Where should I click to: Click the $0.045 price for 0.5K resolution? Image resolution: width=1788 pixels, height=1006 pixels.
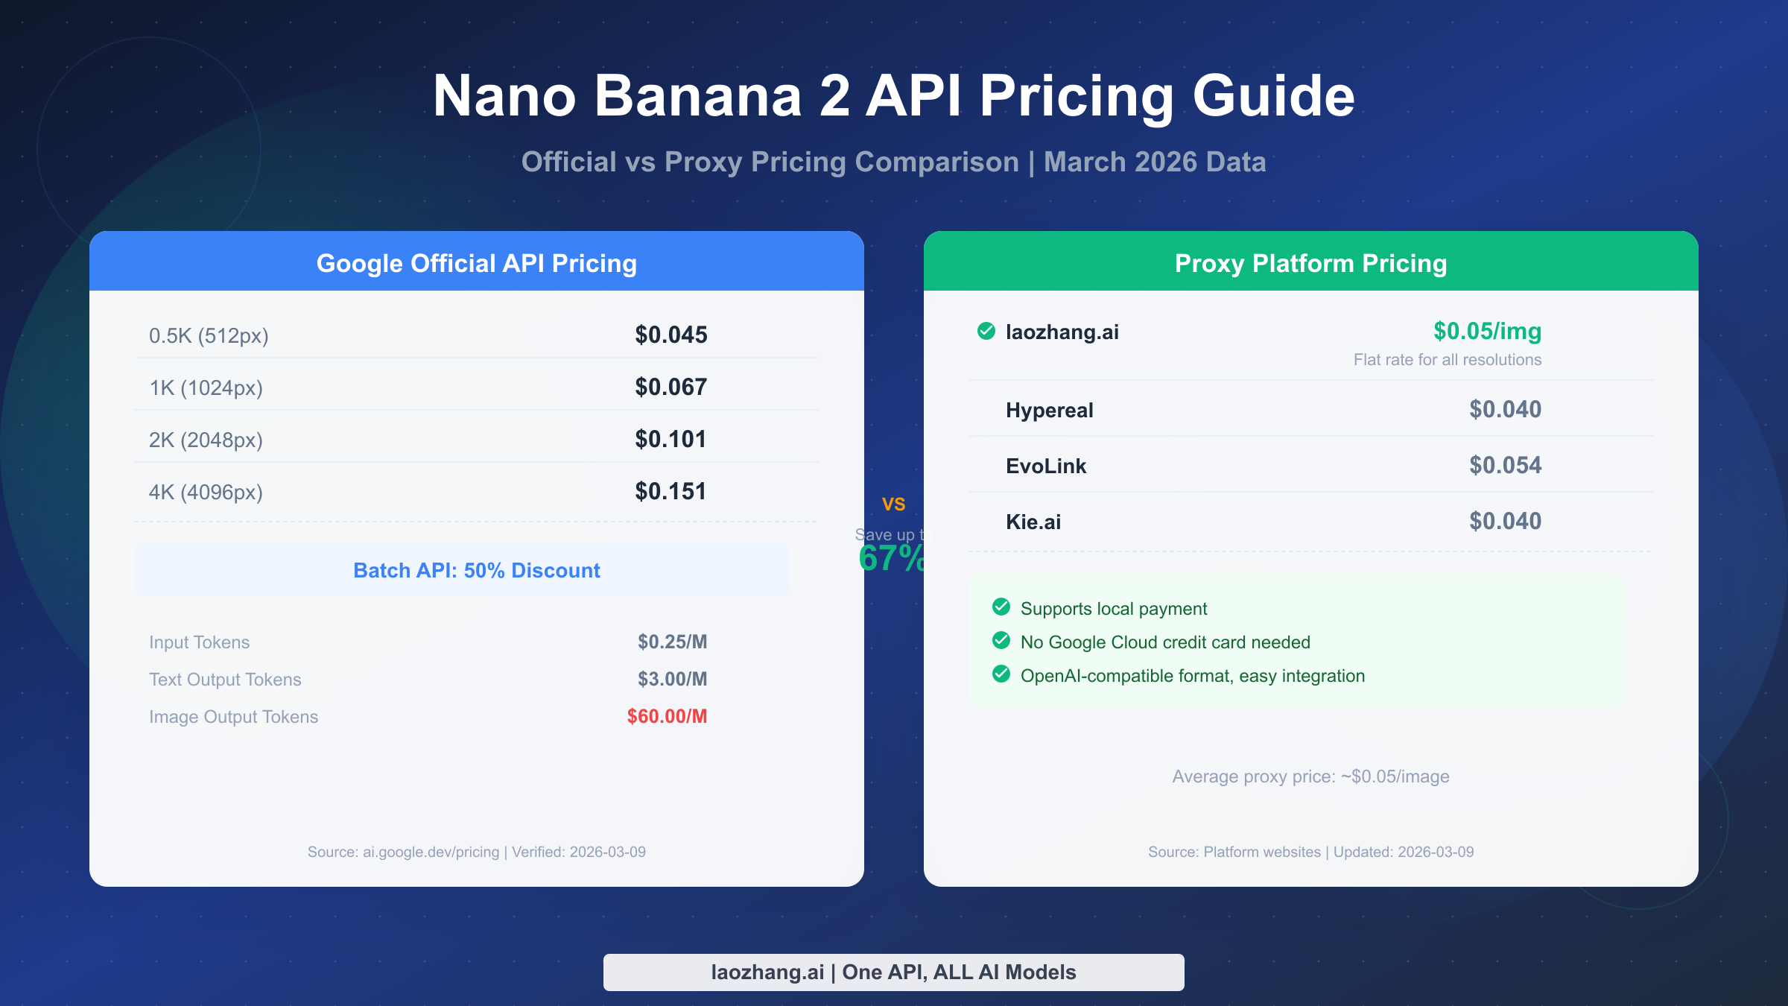click(x=670, y=335)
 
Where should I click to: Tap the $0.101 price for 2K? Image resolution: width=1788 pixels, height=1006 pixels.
click(x=670, y=440)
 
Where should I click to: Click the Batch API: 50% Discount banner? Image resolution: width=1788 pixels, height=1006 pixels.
click(x=477, y=570)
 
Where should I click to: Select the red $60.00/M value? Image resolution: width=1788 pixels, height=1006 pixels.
click(x=667, y=716)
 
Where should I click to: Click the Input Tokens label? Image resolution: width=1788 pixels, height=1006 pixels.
click(x=199, y=642)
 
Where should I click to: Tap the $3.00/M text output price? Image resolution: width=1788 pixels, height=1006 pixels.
click(x=672, y=679)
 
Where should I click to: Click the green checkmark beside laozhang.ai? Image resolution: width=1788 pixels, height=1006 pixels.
click(x=986, y=331)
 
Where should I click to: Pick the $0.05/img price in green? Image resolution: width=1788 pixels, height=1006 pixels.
click(x=1487, y=331)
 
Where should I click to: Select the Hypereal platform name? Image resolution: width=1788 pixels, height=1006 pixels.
click(x=1049, y=411)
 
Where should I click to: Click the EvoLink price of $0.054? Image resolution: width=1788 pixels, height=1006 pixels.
click(x=1505, y=466)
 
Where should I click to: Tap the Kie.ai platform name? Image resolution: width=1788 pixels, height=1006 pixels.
click(x=1033, y=522)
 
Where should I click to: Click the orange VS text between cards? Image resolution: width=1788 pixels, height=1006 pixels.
click(x=893, y=504)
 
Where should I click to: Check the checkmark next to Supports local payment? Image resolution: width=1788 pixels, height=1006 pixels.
click(x=1001, y=607)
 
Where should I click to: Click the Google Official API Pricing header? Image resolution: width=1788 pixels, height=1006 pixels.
click(x=477, y=263)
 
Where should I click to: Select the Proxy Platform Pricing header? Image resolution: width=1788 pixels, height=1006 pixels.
click(x=1310, y=263)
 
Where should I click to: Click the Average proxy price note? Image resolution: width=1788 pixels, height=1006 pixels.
click(x=1310, y=776)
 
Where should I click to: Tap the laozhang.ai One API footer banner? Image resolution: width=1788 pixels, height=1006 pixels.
click(x=893, y=972)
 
